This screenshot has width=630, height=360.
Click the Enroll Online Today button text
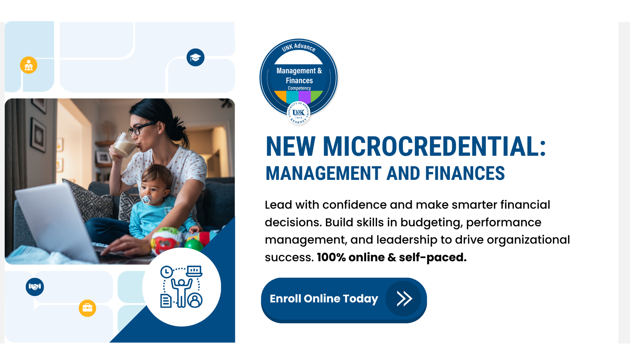(x=324, y=299)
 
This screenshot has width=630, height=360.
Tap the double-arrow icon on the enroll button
(x=404, y=299)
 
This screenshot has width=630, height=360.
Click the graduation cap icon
(x=196, y=58)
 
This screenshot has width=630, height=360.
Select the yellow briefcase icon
(x=87, y=308)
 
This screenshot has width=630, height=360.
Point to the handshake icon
(x=35, y=287)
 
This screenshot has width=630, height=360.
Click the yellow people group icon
(x=29, y=65)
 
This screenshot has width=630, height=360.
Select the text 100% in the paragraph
(x=331, y=258)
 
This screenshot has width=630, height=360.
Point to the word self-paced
(x=432, y=258)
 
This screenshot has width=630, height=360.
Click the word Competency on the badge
(x=299, y=88)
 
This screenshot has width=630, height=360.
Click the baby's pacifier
(x=146, y=199)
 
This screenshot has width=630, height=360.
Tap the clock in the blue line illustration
(x=166, y=272)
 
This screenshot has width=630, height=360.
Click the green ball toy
(x=193, y=245)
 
